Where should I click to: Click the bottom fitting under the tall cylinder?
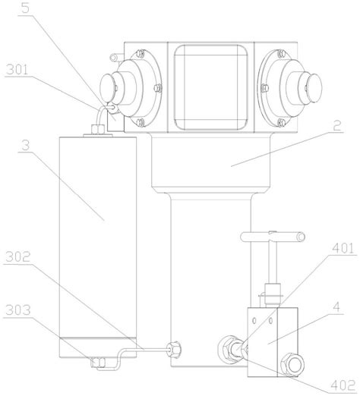(99, 361)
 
